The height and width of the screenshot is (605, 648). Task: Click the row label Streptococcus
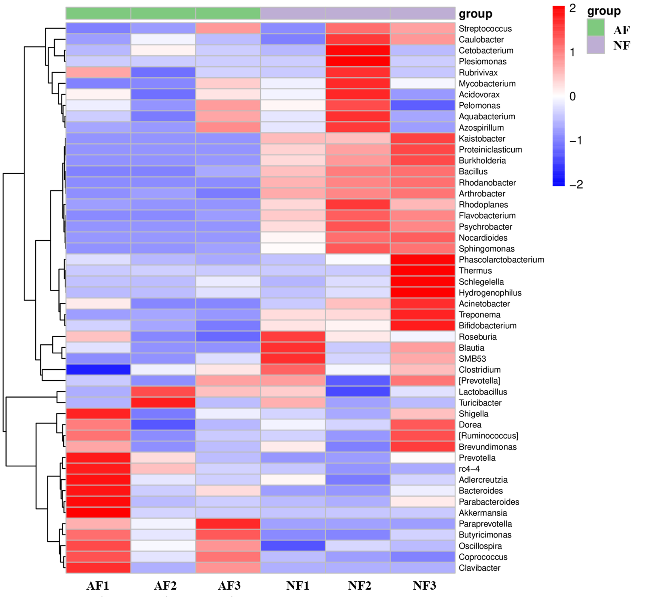coord(485,29)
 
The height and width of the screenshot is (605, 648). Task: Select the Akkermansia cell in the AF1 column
coord(98,513)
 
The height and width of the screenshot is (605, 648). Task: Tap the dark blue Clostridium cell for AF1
coord(98,369)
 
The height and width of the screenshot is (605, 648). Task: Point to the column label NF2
coord(360,586)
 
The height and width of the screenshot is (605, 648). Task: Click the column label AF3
coord(229,586)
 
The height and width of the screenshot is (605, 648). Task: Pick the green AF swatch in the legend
coord(596,27)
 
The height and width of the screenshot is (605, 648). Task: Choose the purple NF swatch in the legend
coord(596,45)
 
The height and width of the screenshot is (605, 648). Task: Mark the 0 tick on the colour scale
coord(572,96)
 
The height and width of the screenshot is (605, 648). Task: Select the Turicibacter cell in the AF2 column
coord(163,403)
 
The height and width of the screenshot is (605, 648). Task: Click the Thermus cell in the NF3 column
coord(422,271)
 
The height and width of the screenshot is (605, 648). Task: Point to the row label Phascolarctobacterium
coord(501,260)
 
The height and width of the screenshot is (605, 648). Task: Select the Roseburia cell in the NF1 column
coord(293,336)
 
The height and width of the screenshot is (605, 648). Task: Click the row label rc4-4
coord(469,469)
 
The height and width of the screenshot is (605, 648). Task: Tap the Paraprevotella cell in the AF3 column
coord(228,524)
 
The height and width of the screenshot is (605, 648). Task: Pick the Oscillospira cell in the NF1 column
coord(293,546)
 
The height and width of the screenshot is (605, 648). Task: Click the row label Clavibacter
coord(479,568)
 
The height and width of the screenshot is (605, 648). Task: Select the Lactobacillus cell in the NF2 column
coord(357,392)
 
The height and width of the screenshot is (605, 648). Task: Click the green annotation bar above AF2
coord(163,13)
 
